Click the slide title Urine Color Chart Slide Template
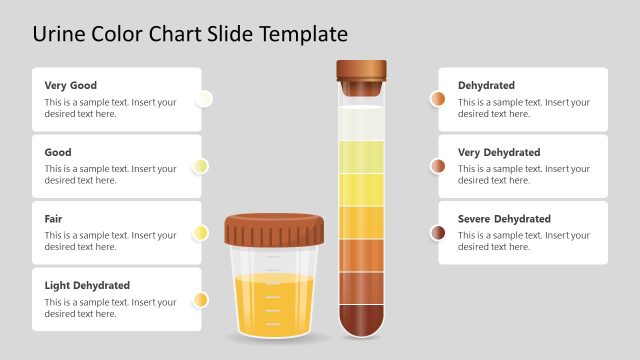(190, 34)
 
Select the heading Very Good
(71, 86)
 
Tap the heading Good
(58, 153)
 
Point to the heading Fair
(55, 219)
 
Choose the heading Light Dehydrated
(87, 286)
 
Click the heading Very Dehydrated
(499, 153)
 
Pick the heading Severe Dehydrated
(504, 219)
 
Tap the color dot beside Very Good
(204, 99)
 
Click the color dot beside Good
(201, 166)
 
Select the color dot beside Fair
(201, 233)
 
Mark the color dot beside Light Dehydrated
(201, 299)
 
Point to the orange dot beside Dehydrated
(438, 99)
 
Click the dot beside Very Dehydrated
(438, 166)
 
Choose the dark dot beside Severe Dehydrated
(438, 233)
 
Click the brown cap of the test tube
(361, 72)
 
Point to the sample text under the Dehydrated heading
(524, 108)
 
